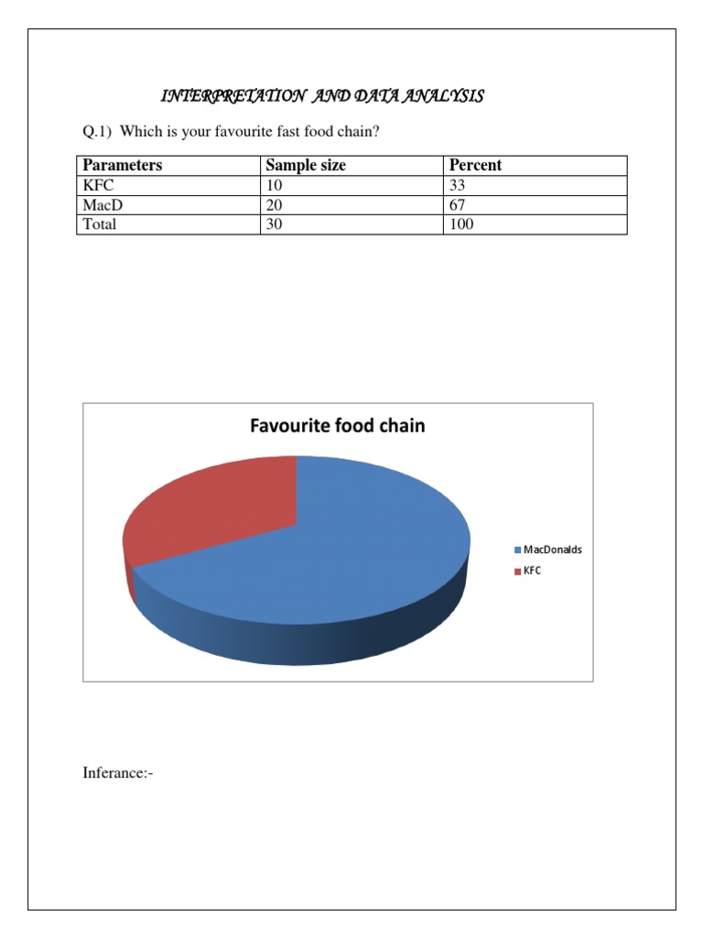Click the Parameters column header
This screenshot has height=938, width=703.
[x=123, y=166]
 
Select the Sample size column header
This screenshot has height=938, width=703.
[x=306, y=166]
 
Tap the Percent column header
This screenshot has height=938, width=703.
[x=475, y=166]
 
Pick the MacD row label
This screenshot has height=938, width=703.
[x=103, y=205]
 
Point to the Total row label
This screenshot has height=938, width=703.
[x=100, y=224]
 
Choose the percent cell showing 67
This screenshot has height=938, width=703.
[x=458, y=205]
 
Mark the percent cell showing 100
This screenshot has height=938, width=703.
[x=461, y=224]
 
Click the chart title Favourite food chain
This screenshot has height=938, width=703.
[x=338, y=426]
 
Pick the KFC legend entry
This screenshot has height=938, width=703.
[x=532, y=571]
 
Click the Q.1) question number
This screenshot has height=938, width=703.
[x=97, y=133]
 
